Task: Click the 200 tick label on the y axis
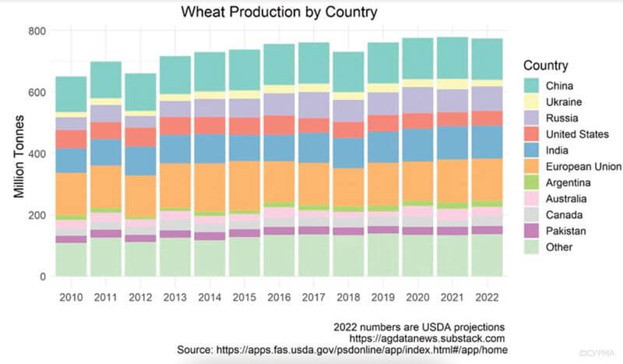click(x=37, y=215)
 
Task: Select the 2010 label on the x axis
click(x=71, y=298)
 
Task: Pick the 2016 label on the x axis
click(x=279, y=298)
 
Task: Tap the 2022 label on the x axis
click(x=487, y=298)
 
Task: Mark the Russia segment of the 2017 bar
click(x=314, y=104)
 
